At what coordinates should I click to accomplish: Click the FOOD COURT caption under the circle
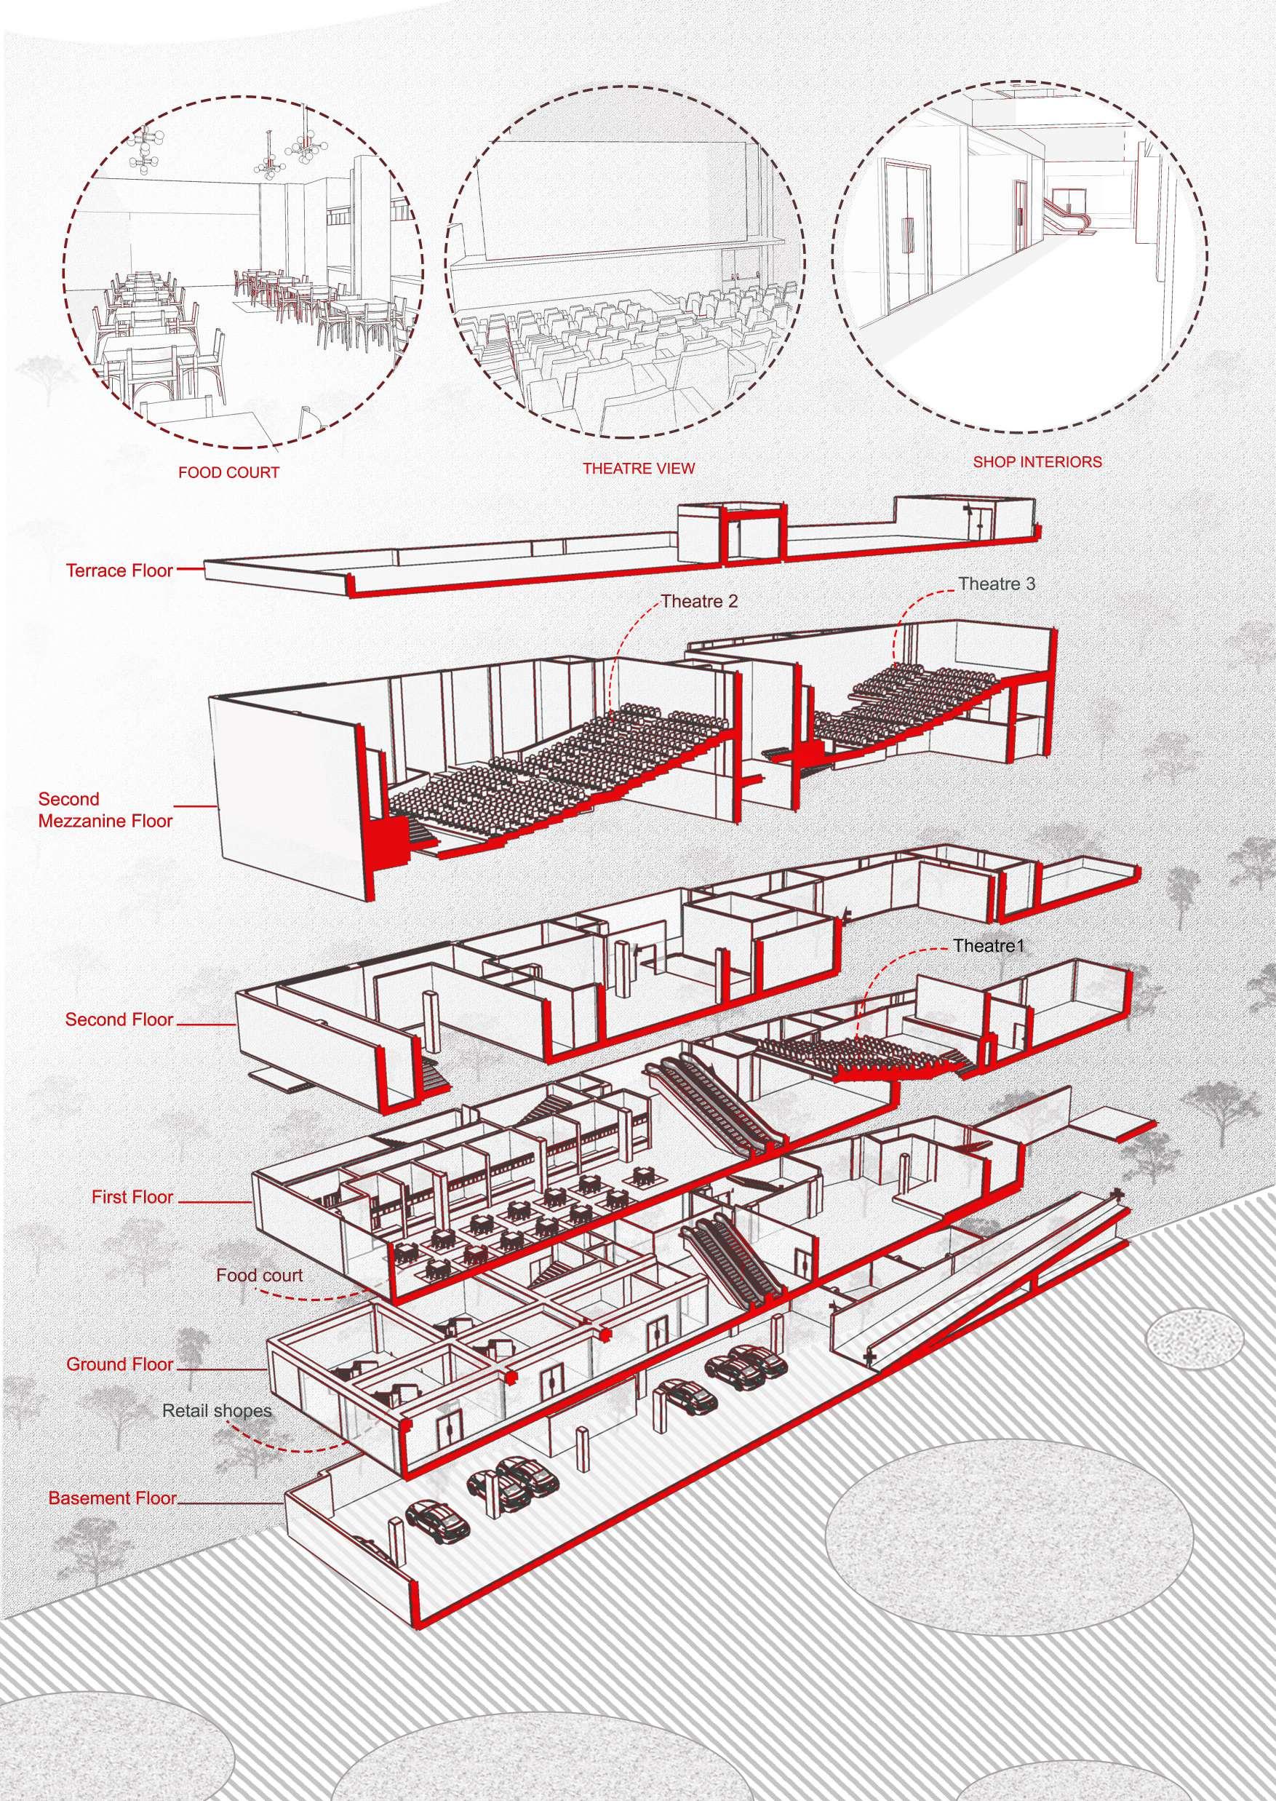pyautogui.click(x=228, y=473)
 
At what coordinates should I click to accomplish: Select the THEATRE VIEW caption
pyautogui.click(x=638, y=469)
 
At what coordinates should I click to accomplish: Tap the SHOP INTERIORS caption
pyautogui.click(x=1037, y=462)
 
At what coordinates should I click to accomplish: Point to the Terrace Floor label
pyautogui.click(x=119, y=570)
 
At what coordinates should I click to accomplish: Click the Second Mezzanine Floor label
pyautogui.click(x=105, y=810)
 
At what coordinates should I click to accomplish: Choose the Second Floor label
pyautogui.click(x=119, y=1020)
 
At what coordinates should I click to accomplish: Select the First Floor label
pyautogui.click(x=132, y=1198)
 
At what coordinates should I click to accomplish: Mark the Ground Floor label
pyautogui.click(x=119, y=1364)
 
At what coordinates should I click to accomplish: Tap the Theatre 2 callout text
pyautogui.click(x=699, y=602)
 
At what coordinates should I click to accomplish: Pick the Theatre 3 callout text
pyautogui.click(x=997, y=584)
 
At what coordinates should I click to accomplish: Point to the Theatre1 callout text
pyautogui.click(x=989, y=946)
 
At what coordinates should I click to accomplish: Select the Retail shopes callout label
pyautogui.click(x=217, y=1411)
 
